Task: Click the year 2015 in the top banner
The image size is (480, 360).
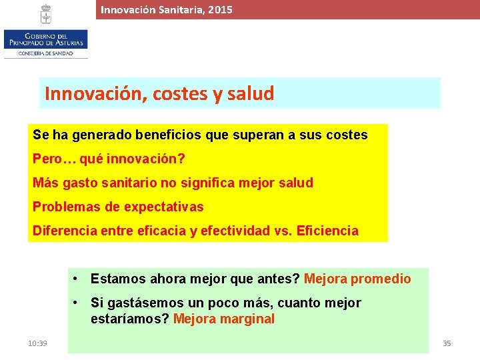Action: pyautogui.click(x=220, y=10)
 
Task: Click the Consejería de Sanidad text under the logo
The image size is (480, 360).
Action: pyautogui.click(x=45, y=53)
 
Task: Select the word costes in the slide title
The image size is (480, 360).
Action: pyautogui.click(x=181, y=94)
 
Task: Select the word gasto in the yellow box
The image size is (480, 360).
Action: pyautogui.click(x=75, y=183)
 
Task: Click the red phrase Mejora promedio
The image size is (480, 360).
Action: pyautogui.click(x=357, y=279)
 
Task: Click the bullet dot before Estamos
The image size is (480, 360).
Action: pyautogui.click(x=78, y=279)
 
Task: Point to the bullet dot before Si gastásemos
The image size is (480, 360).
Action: pyautogui.click(x=78, y=303)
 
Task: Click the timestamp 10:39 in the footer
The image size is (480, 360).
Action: pyautogui.click(x=37, y=343)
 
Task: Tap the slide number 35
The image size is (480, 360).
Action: pyautogui.click(x=447, y=343)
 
